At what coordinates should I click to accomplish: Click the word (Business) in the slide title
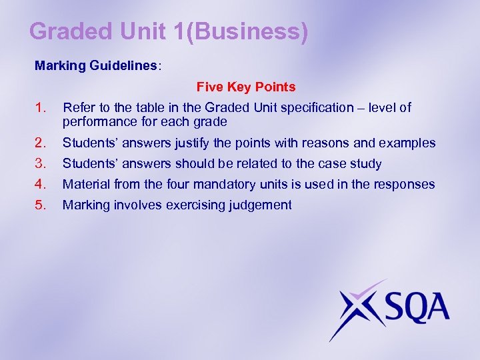[247, 31]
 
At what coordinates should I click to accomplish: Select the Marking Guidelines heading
[96, 67]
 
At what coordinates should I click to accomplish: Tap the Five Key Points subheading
[246, 87]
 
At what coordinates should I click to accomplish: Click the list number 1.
[41, 107]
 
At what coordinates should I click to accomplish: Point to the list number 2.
[41, 143]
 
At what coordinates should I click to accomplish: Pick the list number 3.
[41, 163]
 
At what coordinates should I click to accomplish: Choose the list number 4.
[41, 184]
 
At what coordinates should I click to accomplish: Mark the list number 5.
[41, 205]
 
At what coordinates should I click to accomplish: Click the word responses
[406, 185]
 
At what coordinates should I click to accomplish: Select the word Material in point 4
[85, 185]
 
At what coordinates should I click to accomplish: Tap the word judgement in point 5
[259, 205]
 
